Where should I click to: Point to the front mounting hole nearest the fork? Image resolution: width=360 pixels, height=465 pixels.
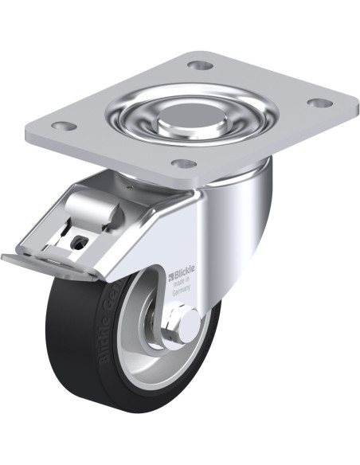click(184, 164)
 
